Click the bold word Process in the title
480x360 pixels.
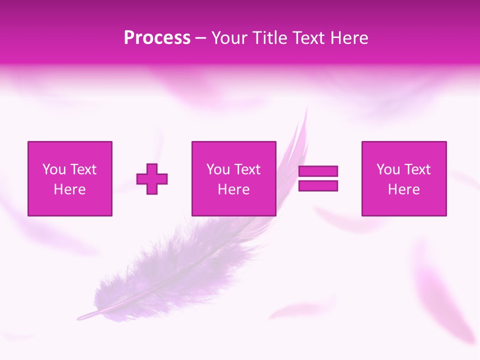157,38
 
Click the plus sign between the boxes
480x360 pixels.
152,178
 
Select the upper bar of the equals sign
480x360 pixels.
318,171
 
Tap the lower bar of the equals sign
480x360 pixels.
318,185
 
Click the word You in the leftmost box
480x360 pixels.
54,169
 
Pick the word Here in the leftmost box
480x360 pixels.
69,189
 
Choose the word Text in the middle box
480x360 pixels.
247,169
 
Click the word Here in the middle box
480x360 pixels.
233,189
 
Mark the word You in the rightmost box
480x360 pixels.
388,169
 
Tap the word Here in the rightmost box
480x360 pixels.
403,189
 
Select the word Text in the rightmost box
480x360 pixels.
417,169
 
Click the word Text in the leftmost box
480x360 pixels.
83,169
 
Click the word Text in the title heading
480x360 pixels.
308,38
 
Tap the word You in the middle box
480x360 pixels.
218,169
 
